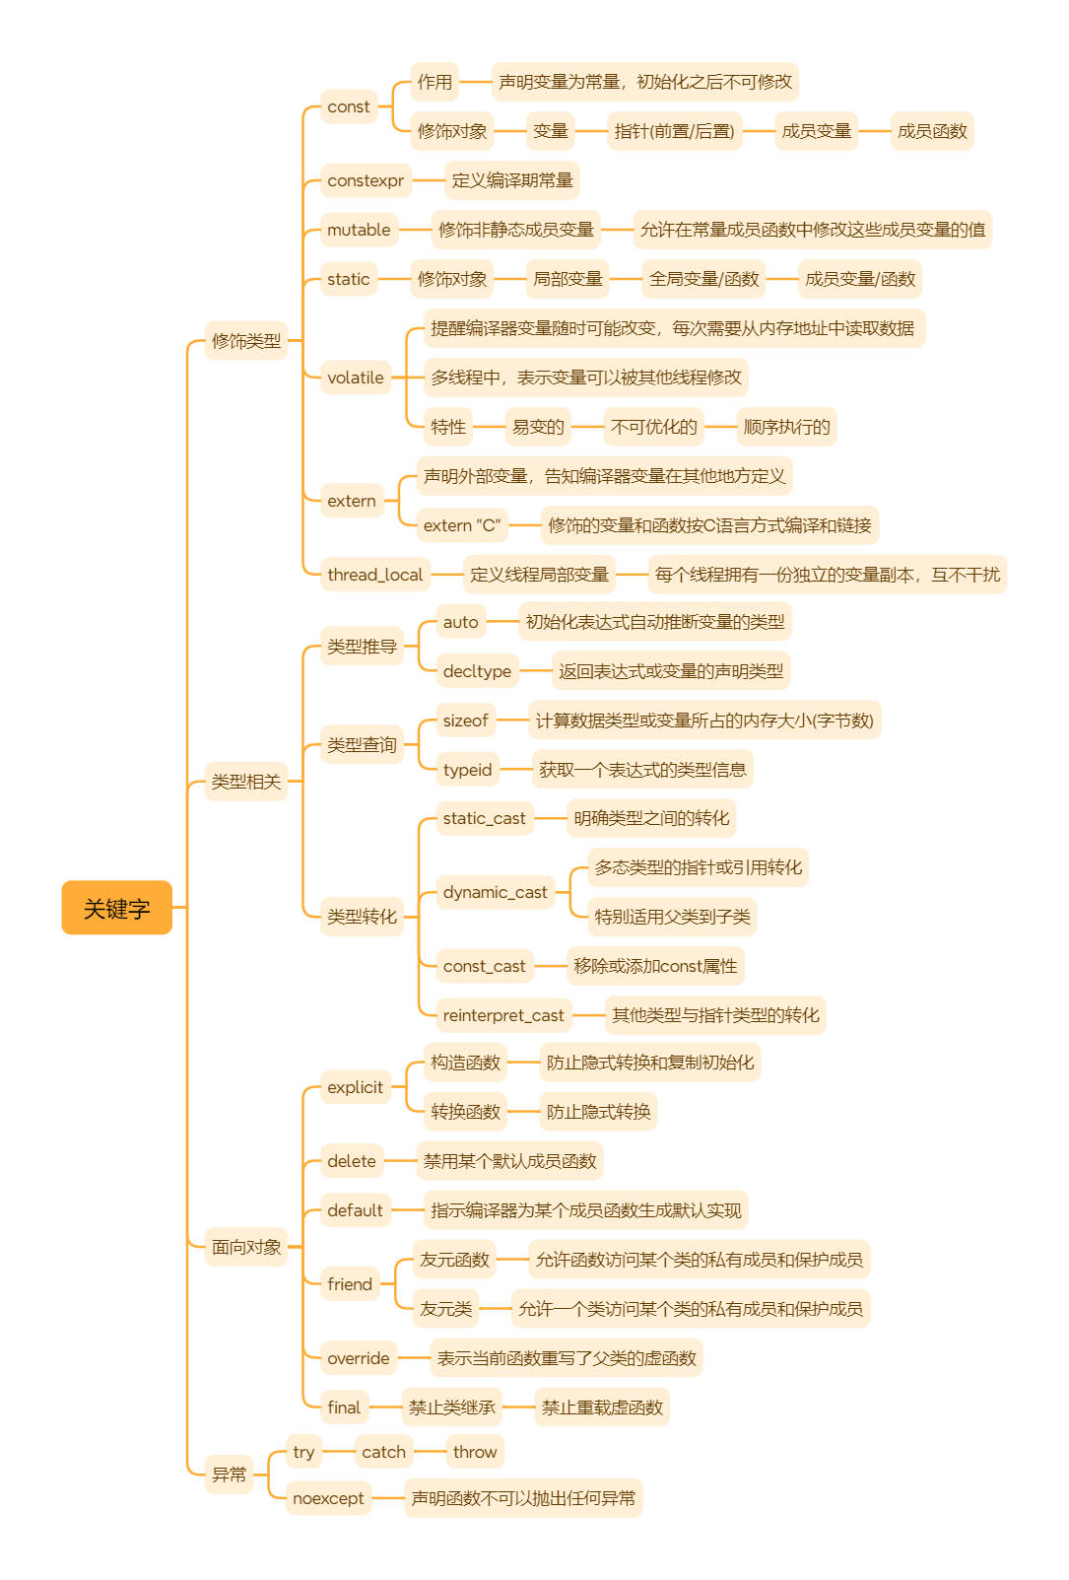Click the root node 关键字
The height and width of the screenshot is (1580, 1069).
click(x=116, y=908)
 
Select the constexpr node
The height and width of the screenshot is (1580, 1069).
click(x=366, y=180)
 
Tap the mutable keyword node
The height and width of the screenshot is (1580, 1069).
click(x=359, y=230)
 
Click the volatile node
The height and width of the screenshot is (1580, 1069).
click(x=355, y=378)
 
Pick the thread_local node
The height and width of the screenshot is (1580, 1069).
click(x=374, y=575)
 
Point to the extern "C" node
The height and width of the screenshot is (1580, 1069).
click(x=462, y=525)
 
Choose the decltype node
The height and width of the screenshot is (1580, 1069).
click(x=477, y=671)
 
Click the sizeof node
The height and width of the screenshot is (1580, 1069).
click(x=465, y=721)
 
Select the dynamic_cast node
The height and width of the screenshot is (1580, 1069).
click(x=495, y=892)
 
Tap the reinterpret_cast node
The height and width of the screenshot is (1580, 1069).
click(x=503, y=1015)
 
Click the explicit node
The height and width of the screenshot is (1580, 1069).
click(x=355, y=1087)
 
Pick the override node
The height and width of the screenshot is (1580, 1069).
click(x=358, y=1358)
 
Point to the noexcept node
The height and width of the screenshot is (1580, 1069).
click(x=328, y=1498)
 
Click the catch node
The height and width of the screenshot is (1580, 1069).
click(x=383, y=1452)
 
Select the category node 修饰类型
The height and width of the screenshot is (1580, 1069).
click(x=246, y=341)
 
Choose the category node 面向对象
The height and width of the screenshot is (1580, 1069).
click(x=246, y=1247)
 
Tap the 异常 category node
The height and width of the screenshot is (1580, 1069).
click(x=230, y=1475)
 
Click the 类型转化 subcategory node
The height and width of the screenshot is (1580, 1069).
click(x=362, y=917)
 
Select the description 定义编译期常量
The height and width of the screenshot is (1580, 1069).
click(x=512, y=180)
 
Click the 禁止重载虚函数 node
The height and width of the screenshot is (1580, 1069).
click(x=602, y=1408)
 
